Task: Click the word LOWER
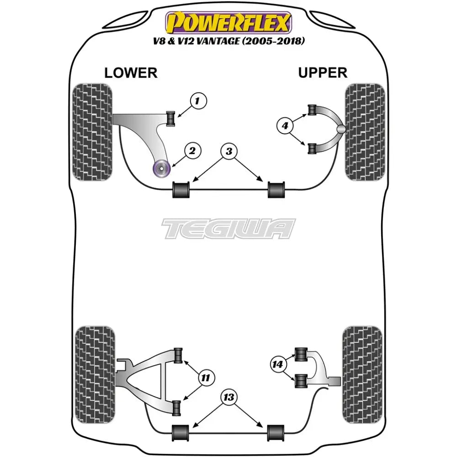click(x=131, y=73)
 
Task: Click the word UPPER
click(x=323, y=72)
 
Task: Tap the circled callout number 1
click(x=198, y=101)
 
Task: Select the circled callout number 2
click(x=192, y=151)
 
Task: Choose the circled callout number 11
click(x=206, y=378)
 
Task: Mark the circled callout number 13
click(x=229, y=398)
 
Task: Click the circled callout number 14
click(x=277, y=365)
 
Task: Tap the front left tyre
click(x=92, y=131)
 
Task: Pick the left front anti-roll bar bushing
click(x=181, y=190)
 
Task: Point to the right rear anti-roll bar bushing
click(x=275, y=433)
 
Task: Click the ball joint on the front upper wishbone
click(x=341, y=130)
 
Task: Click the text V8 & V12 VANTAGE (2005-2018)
click(x=228, y=42)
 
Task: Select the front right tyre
click(x=364, y=131)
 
